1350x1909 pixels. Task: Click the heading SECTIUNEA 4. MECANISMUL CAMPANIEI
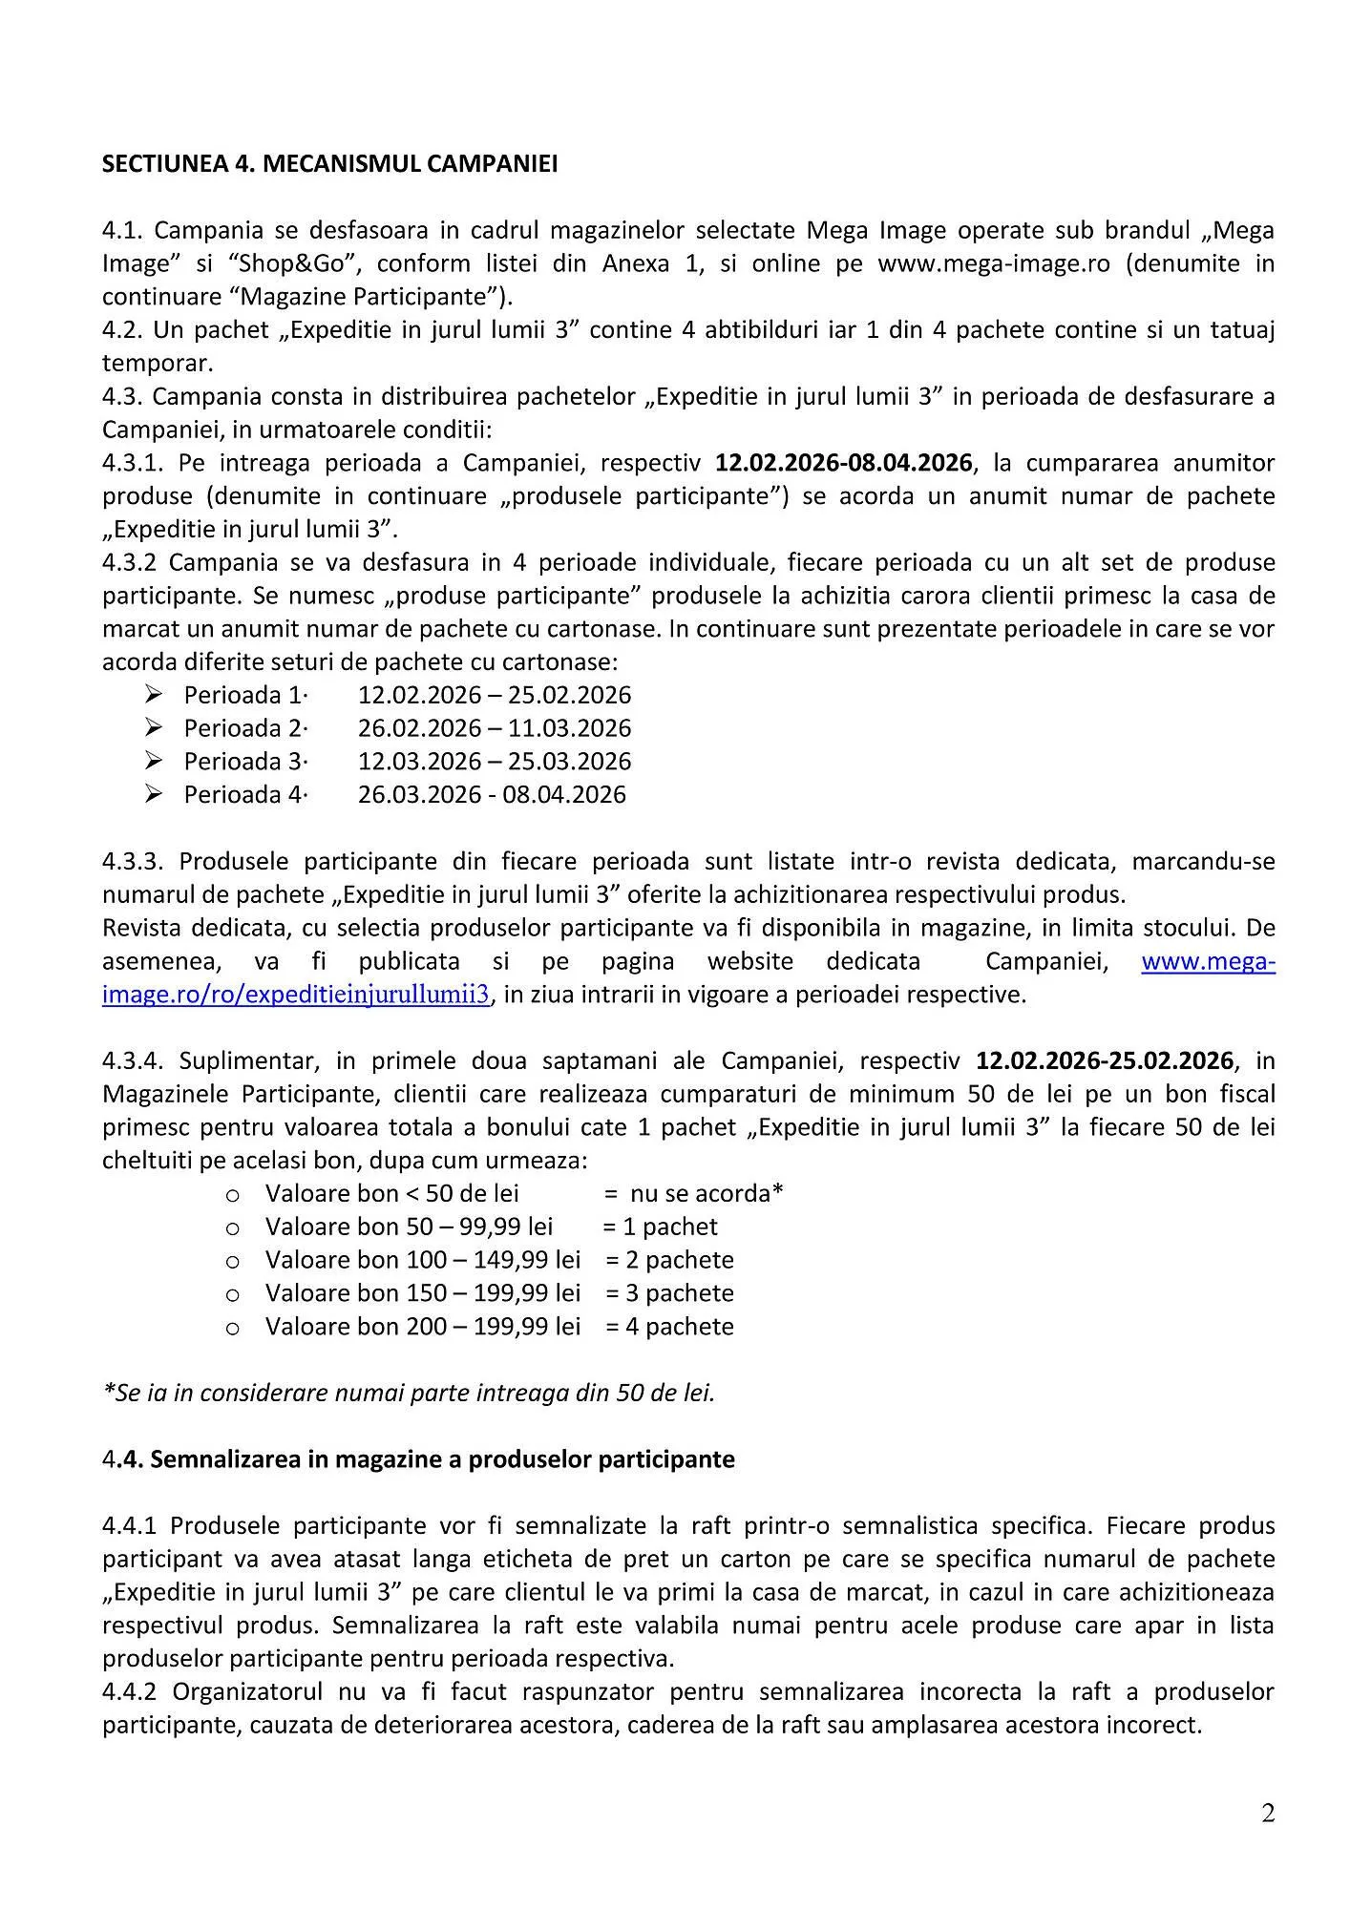(x=329, y=164)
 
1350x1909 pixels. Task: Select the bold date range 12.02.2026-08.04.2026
(x=844, y=463)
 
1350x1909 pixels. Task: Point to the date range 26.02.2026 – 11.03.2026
(x=495, y=728)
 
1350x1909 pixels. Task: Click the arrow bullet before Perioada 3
(x=155, y=761)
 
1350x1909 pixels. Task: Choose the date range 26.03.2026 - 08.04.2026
(x=492, y=794)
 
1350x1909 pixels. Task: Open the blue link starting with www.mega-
(x=1208, y=961)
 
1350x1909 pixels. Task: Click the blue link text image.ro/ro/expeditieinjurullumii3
(x=296, y=995)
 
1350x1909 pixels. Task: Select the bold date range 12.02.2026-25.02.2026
(x=1105, y=1060)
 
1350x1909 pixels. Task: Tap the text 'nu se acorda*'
(x=707, y=1193)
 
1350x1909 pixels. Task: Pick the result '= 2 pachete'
(x=669, y=1260)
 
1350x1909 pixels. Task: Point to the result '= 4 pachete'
(x=669, y=1327)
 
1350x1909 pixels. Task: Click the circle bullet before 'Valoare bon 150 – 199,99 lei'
(x=232, y=1294)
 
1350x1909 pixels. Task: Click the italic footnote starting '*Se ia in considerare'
(x=409, y=1393)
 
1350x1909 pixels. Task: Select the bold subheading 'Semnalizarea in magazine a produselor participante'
(x=442, y=1459)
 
